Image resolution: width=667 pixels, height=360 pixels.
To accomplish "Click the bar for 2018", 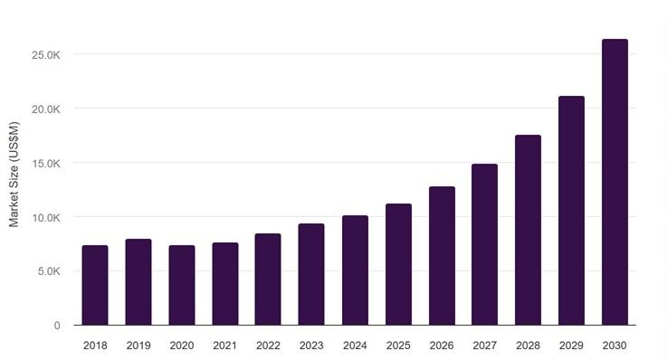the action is tap(95, 285).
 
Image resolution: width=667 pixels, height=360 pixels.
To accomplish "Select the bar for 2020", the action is tap(182, 285).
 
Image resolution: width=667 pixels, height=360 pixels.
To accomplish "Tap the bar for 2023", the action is tap(311, 275).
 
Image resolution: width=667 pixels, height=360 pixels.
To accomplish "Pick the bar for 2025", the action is tap(398, 264).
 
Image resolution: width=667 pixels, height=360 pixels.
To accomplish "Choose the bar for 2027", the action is tap(484, 244).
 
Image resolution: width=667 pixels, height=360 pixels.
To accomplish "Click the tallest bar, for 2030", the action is tap(615, 183).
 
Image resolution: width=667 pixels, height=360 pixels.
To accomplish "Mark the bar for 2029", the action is tap(571, 211).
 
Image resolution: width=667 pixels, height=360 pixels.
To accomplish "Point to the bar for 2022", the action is tap(268, 279).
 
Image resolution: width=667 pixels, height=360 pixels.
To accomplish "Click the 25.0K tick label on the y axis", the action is tap(46, 55).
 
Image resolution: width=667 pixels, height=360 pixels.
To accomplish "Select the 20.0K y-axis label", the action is tap(46, 109).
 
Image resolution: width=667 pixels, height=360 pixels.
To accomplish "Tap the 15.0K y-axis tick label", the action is tap(46, 164).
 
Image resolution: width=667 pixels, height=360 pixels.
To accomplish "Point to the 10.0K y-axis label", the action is tap(46, 218).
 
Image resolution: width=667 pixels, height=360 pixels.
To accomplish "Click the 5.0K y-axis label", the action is tap(49, 271).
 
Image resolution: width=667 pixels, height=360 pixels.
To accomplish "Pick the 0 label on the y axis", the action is tap(57, 326).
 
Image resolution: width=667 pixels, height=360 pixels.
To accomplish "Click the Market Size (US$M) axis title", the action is tap(14, 175).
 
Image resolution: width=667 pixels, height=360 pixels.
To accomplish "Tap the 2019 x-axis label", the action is tap(138, 346).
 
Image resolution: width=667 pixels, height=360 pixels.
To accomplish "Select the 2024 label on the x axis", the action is tap(355, 346).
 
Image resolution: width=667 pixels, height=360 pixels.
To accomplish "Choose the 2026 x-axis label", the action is tap(442, 346).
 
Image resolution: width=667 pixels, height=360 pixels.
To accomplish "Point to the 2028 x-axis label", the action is tap(528, 346).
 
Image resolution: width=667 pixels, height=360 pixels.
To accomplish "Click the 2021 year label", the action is tap(224, 346).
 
